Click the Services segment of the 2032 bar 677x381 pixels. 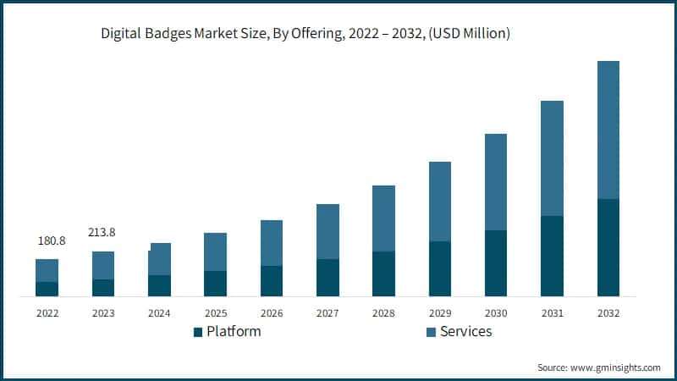(x=608, y=130)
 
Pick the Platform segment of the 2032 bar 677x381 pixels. (x=608, y=247)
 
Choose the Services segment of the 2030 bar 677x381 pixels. (x=496, y=182)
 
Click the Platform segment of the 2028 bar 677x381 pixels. (x=383, y=273)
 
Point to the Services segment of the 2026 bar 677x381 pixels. (x=271, y=243)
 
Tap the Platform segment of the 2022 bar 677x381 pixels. (x=47, y=289)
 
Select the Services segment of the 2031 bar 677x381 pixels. (x=552, y=158)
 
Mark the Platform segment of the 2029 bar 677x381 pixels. (x=439, y=268)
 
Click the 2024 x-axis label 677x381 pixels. (x=159, y=312)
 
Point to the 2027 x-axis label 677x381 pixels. (x=327, y=312)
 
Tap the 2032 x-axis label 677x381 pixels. (x=608, y=312)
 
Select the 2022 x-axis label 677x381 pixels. (x=47, y=312)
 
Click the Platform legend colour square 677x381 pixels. (x=198, y=332)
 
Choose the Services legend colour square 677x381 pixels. (x=431, y=332)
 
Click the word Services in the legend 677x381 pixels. (x=465, y=332)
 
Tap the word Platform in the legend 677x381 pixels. (x=234, y=332)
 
